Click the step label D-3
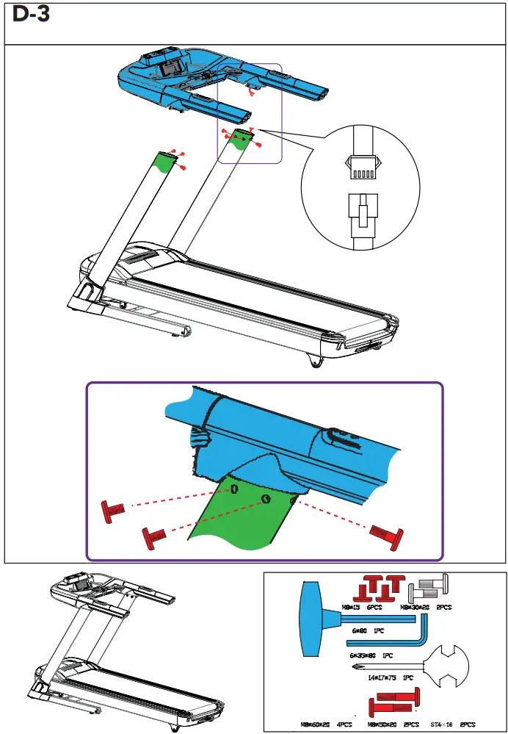pyautogui.click(x=32, y=15)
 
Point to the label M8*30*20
pyautogui.click(x=413, y=607)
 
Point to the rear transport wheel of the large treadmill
pyautogui.click(x=316, y=361)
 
